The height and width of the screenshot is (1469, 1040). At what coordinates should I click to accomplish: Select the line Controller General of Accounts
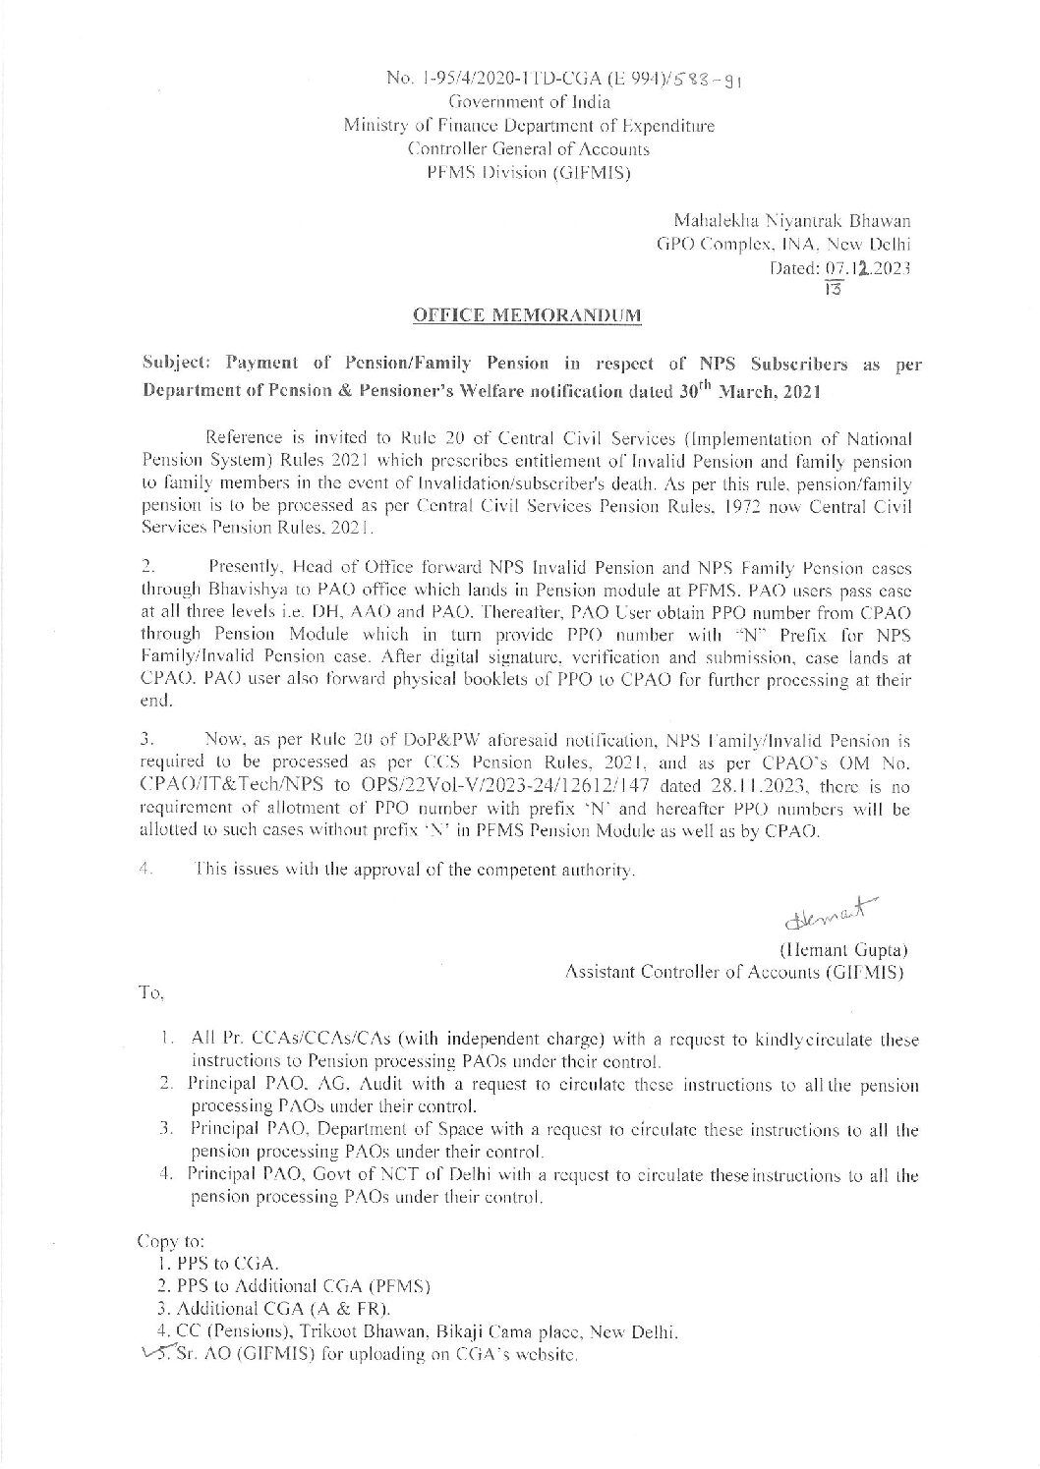tap(528, 149)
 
